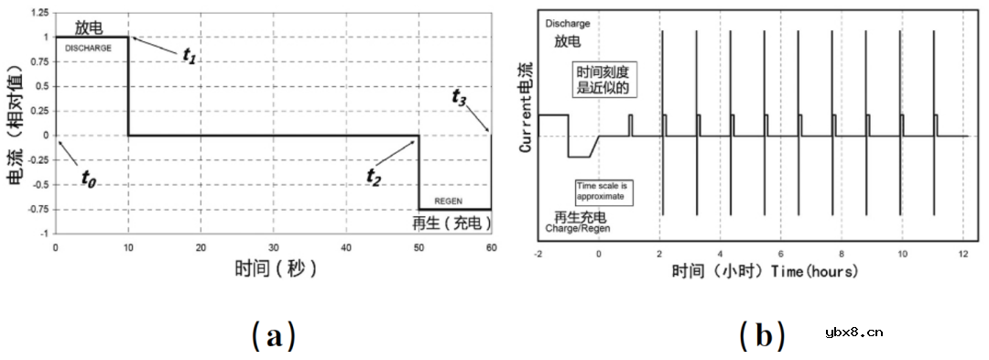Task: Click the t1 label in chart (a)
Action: [188, 56]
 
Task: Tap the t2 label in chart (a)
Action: [373, 176]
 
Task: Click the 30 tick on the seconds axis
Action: [273, 248]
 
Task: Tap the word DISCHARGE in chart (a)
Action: [88, 48]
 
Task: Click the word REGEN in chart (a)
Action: [448, 199]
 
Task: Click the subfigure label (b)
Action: [762, 336]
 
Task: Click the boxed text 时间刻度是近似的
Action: [604, 79]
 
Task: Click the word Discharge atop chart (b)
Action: [567, 24]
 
